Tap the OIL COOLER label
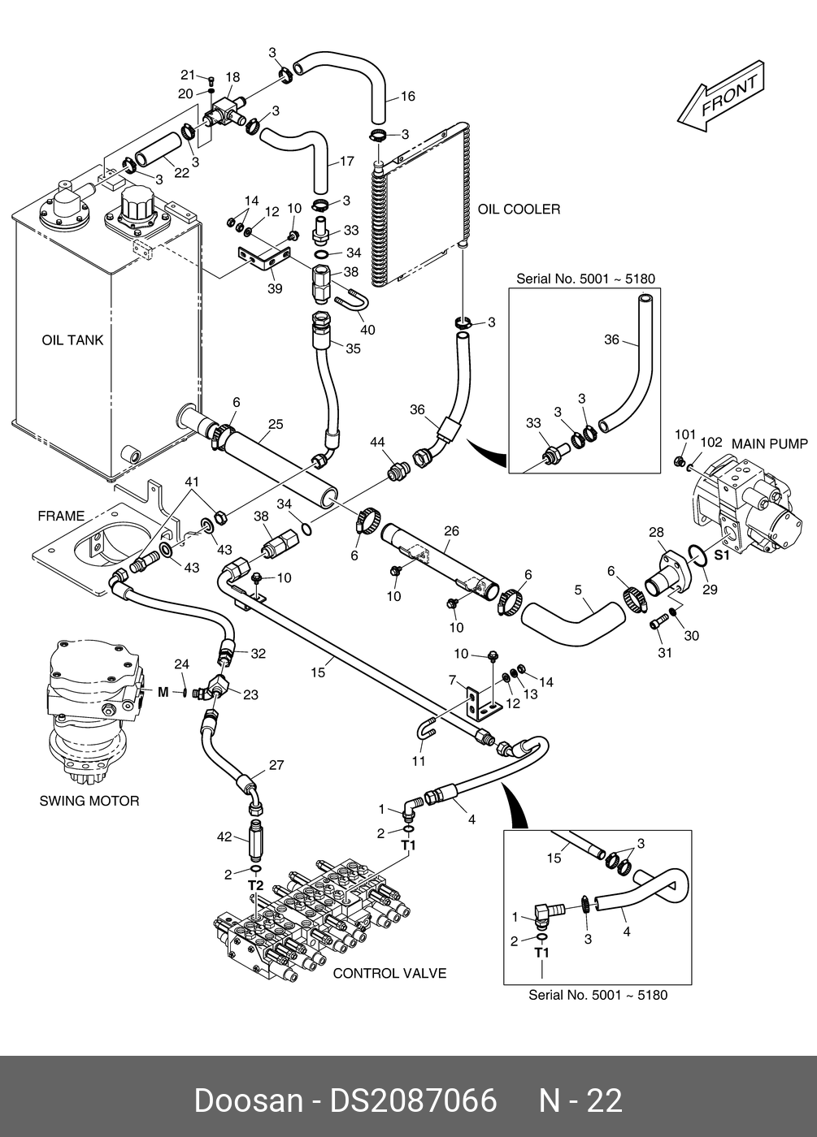click(x=519, y=210)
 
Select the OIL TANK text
click(x=72, y=340)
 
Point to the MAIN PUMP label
click(x=770, y=443)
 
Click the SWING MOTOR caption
click(x=89, y=801)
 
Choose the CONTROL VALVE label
click(x=389, y=973)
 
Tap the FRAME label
click(x=61, y=516)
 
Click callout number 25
click(x=276, y=424)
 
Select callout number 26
click(x=451, y=531)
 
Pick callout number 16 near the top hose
click(x=407, y=97)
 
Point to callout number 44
click(x=377, y=442)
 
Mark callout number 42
click(x=224, y=837)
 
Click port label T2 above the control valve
click(x=255, y=884)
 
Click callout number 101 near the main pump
click(x=684, y=435)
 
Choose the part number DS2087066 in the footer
click(x=412, y=1100)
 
